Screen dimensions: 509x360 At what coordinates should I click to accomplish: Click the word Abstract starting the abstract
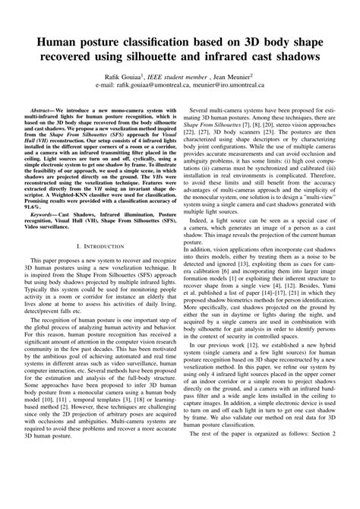click(x=41, y=111)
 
